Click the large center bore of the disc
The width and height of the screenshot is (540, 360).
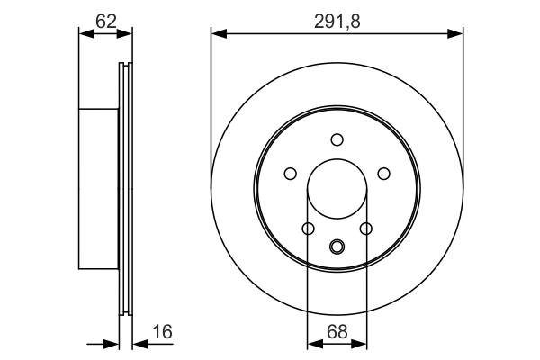point(337,191)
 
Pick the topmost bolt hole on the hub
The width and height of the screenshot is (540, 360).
point(337,139)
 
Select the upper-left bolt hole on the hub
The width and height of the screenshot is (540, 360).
point(290,174)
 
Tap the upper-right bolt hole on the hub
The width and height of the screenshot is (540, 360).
point(384,174)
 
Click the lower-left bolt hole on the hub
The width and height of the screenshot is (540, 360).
point(308,229)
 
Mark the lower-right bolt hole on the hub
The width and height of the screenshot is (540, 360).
point(366,229)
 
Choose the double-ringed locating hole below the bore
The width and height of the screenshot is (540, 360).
point(337,246)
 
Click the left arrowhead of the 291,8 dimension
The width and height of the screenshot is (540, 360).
point(217,34)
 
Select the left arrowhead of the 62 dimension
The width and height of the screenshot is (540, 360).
point(85,34)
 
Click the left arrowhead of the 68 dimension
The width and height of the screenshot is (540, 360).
point(312,343)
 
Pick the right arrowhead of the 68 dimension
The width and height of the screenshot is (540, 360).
point(361,343)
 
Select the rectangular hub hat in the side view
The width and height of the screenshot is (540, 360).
point(99,189)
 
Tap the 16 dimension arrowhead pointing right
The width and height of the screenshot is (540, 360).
point(114,343)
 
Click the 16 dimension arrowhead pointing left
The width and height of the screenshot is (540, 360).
point(138,343)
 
